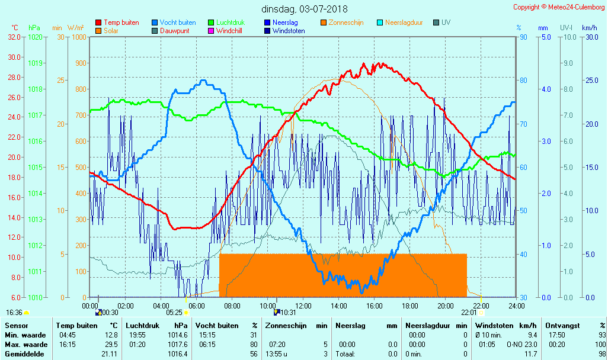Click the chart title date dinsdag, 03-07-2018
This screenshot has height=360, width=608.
coord(305,9)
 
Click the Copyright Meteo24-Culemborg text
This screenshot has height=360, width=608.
coord(559,7)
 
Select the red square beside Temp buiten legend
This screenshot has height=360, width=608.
coord(98,22)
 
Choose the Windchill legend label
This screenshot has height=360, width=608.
coord(232,31)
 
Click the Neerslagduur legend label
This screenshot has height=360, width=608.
coord(404,22)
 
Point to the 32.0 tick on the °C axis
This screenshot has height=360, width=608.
coord(14,37)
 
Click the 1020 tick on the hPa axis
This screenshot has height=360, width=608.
coord(35,37)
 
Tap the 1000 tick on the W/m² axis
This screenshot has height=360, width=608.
coord(78,37)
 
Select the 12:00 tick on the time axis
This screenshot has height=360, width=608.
coord(303,306)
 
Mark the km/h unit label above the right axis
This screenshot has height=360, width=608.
coord(589,28)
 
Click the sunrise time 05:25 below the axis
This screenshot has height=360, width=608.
coord(174,312)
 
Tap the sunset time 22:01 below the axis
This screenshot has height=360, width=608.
coord(469,312)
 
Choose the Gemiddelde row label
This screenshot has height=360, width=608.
coord(25,353)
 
